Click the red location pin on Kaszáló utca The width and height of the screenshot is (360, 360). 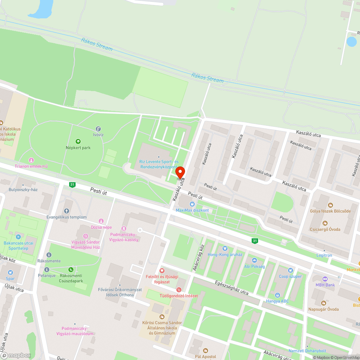click(180, 172)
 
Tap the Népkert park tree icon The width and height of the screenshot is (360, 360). click(78, 141)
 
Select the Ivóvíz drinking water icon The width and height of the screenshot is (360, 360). click(98, 129)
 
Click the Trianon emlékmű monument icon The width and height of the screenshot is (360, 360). click(31, 160)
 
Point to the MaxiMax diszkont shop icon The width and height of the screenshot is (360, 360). click(192, 204)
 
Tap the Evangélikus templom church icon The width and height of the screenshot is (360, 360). click(66, 211)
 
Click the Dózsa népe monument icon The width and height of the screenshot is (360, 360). click(101, 221)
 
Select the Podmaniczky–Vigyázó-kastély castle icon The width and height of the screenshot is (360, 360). click(124, 228)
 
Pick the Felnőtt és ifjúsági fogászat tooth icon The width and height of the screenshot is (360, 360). click(162, 270)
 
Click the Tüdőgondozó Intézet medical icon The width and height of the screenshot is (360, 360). click(179, 290)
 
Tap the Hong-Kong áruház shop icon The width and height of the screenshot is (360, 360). click(225, 248)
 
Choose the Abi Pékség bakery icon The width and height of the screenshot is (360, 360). click(254, 260)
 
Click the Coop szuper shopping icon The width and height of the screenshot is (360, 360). click(290, 270)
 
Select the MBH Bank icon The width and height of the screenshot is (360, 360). click(325, 279)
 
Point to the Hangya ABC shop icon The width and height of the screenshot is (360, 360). click(277, 295)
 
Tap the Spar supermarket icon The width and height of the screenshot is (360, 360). click(10, 272)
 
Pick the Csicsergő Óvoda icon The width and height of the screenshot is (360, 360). click(325, 223)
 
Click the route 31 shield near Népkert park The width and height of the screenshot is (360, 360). click(72, 185)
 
